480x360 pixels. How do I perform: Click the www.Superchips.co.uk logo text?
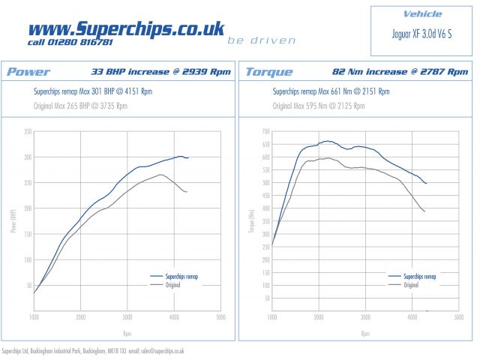126,28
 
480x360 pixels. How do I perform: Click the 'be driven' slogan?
262,40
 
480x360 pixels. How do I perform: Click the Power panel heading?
28,72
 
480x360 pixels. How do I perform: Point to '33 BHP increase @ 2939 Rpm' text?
160,72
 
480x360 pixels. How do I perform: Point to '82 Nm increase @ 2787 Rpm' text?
402,72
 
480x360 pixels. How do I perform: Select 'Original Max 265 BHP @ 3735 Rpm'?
81,106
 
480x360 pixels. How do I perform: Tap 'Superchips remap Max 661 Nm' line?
330,91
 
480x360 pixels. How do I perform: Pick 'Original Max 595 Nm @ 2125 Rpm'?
318,106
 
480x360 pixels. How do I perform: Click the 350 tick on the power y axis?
28,131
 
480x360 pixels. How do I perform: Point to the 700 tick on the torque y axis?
265,131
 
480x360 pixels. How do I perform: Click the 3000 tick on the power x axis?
127,317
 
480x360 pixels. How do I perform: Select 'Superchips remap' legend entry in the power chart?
181,277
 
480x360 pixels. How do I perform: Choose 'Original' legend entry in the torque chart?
411,285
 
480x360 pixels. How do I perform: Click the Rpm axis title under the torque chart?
365,333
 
